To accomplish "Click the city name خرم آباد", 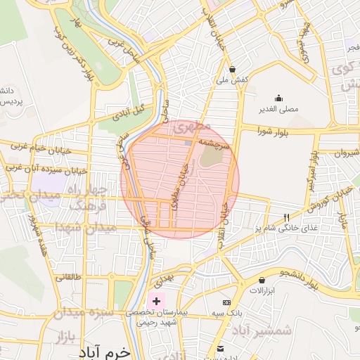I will (x=105, y=350).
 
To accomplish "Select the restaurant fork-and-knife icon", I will (x=285, y=217).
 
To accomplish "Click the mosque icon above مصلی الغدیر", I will (x=279, y=98).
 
